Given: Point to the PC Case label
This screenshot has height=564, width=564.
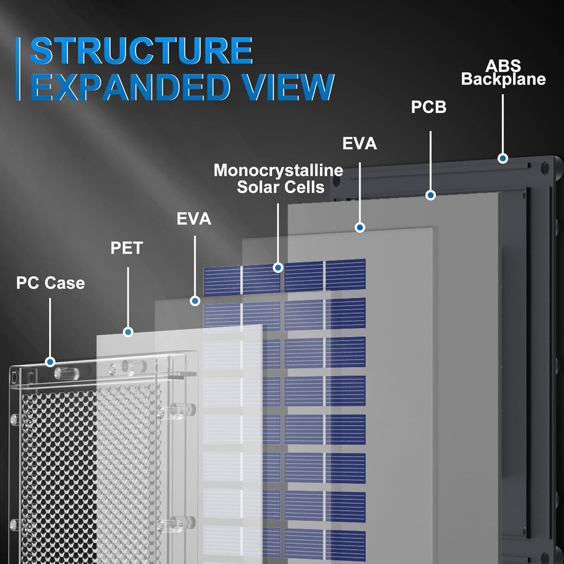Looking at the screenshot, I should tap(50, 282).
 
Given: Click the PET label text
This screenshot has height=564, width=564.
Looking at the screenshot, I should tap(126, 248).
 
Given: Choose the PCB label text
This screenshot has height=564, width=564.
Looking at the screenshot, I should tap(429, 107).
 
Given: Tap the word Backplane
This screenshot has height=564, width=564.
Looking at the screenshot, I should tap(503, 79).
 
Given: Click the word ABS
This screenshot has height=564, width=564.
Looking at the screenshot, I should tap(503, 66).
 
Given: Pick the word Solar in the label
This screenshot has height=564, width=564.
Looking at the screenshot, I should tap(259, 187).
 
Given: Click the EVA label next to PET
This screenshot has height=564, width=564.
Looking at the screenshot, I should tap(194, 219).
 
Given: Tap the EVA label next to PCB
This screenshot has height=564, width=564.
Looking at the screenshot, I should tap(359, 143).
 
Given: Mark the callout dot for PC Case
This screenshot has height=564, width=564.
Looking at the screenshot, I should tap(50, 362).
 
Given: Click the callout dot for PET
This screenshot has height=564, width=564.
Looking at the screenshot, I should tap(128, 332).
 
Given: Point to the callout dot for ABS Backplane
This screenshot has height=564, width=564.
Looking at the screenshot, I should tap(502, 158).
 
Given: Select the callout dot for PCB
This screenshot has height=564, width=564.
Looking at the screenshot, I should tap(430, 195).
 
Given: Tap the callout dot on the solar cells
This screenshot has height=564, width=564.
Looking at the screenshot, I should tap(277, 267).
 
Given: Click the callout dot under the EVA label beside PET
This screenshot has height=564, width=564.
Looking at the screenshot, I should tap(195, 301).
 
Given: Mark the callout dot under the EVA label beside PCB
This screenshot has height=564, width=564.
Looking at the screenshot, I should tap(360, 227).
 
